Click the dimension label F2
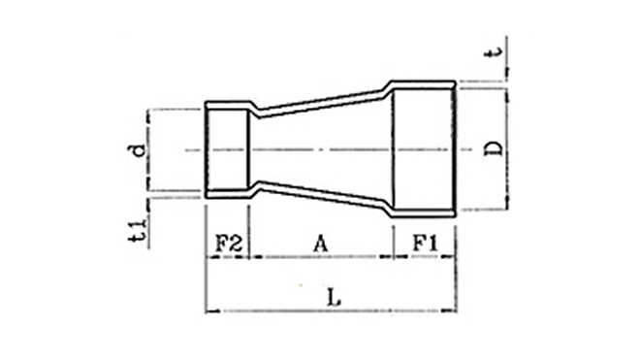point(229,244)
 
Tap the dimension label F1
point(425,244)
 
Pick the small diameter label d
point(137,149)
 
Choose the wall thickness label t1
point(137,231)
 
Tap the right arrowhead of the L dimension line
point(450,311)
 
